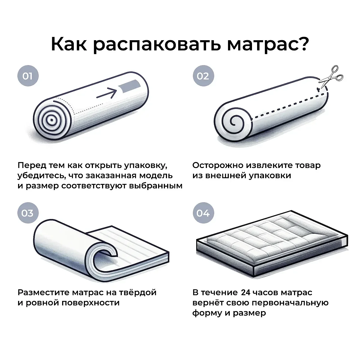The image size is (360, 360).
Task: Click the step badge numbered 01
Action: coord(28,76)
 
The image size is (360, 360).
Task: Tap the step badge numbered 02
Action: coord(203,76)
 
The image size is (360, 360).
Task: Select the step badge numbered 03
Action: coord(28,213)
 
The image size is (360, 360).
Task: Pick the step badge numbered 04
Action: coord(203,213)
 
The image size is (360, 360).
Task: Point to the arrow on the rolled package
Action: coord(107,93)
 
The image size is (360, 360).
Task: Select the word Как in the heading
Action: coord(69,44)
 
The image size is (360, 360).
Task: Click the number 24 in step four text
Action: coord(245,292)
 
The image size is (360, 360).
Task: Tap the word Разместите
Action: coord(43,293)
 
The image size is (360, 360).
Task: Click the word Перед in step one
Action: coord(32,166)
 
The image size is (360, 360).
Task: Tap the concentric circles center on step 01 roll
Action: coord(51,120)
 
